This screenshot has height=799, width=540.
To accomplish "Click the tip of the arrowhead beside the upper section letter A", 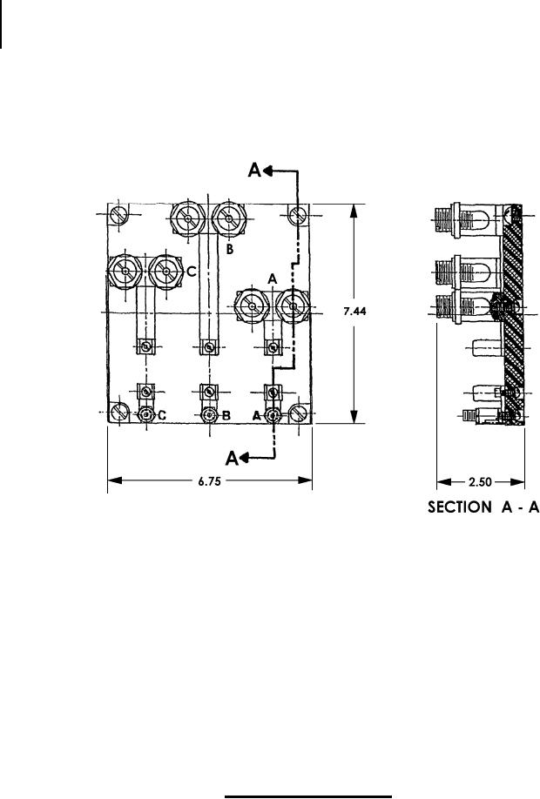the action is tap(264, 171).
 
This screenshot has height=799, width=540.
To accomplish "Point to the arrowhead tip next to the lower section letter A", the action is tap(240, 458).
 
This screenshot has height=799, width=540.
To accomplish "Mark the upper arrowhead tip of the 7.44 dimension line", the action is tap(353, 205).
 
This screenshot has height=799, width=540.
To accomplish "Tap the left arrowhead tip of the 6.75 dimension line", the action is tap(108, 480).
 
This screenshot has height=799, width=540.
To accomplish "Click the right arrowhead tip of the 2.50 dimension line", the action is tap(524, 481).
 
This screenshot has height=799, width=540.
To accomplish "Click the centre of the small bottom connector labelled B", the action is tap(208, 415).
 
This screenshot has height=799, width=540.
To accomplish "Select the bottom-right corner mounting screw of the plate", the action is tap(298, 413).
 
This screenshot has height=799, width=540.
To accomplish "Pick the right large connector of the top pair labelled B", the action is tap(229, 218).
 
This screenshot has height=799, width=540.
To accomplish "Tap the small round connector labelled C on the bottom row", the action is tap(147, 415).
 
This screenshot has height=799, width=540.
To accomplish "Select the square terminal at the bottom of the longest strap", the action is tap(208, 347).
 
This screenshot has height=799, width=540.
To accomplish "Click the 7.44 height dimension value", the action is tap(354, 312).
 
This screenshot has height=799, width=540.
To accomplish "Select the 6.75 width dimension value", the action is tap(210, 480).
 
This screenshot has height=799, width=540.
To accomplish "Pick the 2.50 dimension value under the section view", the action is tap(480, 482).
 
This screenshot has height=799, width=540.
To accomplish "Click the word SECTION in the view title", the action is tap(459, 507).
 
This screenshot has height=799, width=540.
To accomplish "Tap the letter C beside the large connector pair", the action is tap(191, 272).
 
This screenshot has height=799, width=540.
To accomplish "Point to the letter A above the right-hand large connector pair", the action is tap(273, 279).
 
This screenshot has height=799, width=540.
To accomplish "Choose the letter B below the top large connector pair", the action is tap(230, 249).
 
